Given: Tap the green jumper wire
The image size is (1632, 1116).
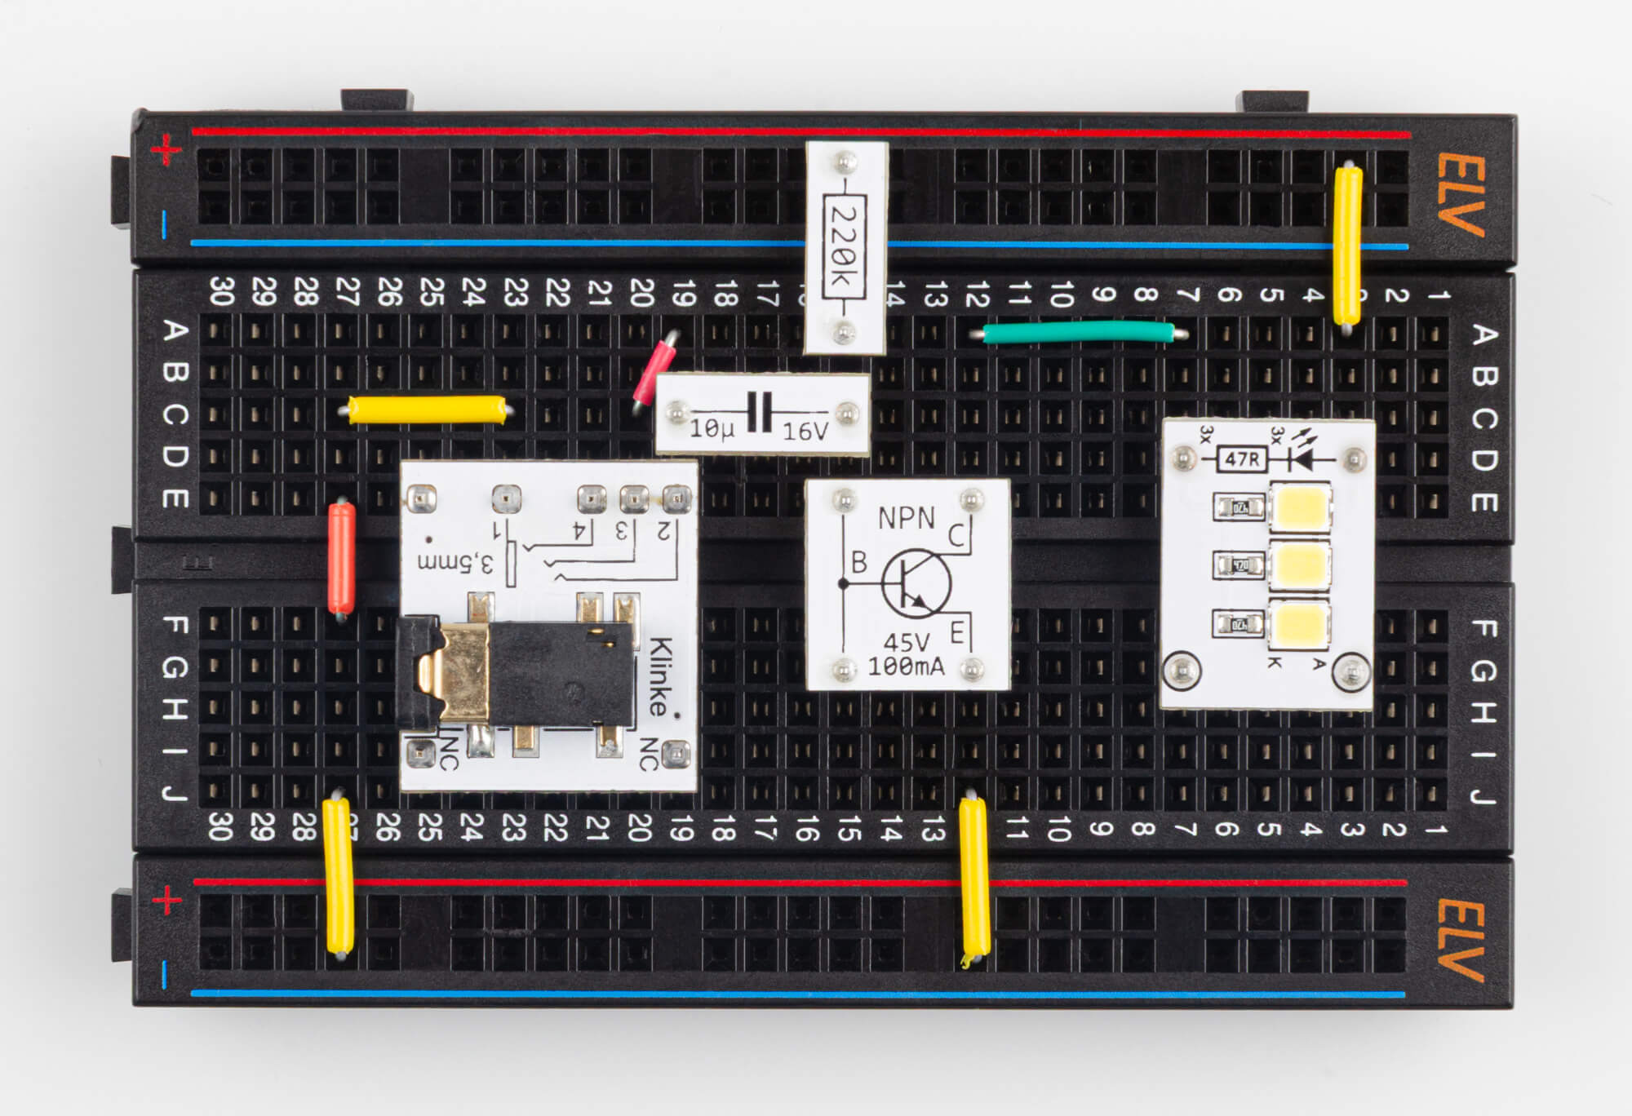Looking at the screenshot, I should pyautogui.click(x=1079, y=332).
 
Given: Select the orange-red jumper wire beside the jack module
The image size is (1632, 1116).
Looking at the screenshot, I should pyautogui.click(x=341, y=558).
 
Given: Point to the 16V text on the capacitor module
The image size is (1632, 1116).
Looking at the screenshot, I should pyautogui.click(x=805, y=432).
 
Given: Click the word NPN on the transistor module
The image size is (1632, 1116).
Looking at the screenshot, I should pyautogui.click(x=906, y=517).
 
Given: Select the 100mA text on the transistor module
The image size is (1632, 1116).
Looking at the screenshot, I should pyautogui.click(x=906, y=666).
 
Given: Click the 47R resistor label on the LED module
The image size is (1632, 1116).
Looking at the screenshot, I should pyautogui.click(x=1242, y=460).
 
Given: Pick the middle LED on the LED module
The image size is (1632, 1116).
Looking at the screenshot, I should pyautogui.click(x=1301, y=564).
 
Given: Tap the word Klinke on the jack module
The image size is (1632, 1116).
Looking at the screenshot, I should pyautogui.click(x=661, y=677).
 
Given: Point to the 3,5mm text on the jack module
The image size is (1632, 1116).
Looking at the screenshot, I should pyautogui.click(x=455, y=562).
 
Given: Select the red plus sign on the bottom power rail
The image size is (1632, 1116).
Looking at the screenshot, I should pyautogui.click(x=167, y=901).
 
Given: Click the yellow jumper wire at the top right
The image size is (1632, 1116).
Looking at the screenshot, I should pyautogui.click(x=1346, y=245).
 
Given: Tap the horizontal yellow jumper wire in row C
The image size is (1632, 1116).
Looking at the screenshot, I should pyautogui.click(x=427, y=410).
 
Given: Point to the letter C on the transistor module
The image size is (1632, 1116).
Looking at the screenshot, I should pyautogui.click(x=956, y=535).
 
